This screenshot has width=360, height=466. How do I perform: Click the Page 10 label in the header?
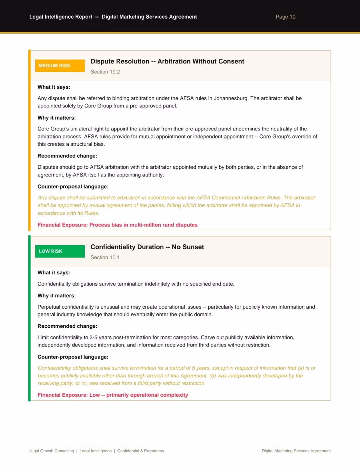pyautogui.click(x=285, y=17)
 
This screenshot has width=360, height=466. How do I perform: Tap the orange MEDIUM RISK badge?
pyautogui.click(x=60, y=66)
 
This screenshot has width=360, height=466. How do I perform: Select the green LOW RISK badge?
pyautogui.click(x=60, y=251)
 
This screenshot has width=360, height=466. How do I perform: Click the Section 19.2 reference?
pyautogui.click(x=105, y=72)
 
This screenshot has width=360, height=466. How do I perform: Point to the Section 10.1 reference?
pyautogui.click(x=105, y=257)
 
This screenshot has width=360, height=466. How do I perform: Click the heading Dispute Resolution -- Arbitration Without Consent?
pyautogui.click(x=167, y=61)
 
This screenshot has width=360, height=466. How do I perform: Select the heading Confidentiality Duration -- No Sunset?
pyautogui.click(x=147, y=247)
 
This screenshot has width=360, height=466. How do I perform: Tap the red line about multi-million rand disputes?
pyautogui.click(x=117, y=225)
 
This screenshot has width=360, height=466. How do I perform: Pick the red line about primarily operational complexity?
pyautogui.click(x=113, y=395)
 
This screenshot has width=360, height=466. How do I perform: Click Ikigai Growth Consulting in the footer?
pyautogui.click(x=52, y=451)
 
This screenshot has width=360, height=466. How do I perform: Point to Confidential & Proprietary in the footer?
pyautogui.click(x=141, y=451)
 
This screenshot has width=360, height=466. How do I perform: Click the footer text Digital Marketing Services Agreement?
pyautogui.click(x=296, y=451)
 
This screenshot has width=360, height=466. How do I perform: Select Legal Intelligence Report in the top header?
pyautogui.click(x=61, y=17)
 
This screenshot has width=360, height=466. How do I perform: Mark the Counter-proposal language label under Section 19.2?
pyautogui.click(x=73, y=187)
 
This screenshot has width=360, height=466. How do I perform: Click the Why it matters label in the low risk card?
pyautogui.click(x=57, y=296)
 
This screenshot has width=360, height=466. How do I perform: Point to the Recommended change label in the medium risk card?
pyautogui.click(x=67, y=156)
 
